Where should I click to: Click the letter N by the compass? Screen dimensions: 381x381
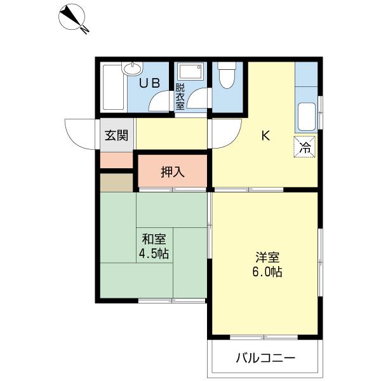coord(85,29)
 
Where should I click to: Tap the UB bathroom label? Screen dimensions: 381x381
coord(149,83)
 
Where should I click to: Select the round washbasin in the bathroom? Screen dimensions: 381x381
coord(132,69)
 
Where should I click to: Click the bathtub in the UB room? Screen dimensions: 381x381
coord(114,87)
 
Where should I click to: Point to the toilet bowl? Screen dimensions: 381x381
coord(227,76)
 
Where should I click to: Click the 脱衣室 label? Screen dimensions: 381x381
coord(180,97)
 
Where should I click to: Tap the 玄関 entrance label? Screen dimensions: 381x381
coord(116,135)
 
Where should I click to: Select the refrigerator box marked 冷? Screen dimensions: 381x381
coord(305,147)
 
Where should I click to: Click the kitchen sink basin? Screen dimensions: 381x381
coord(307,117)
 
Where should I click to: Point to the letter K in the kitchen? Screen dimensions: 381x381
coord(265,136)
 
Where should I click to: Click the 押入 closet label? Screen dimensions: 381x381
coord(173,172)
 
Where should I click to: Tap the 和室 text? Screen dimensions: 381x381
coord(154,239)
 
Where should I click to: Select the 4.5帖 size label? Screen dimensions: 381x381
coord(154,253)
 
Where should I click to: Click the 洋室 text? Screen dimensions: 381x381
coord(267,258)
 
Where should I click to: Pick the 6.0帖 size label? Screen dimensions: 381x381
coord(267,272)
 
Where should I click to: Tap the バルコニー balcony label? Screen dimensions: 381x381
coord(266,358)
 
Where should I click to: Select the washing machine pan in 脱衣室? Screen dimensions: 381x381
coord(190,71)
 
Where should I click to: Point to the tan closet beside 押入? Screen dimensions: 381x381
coord(117,182)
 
